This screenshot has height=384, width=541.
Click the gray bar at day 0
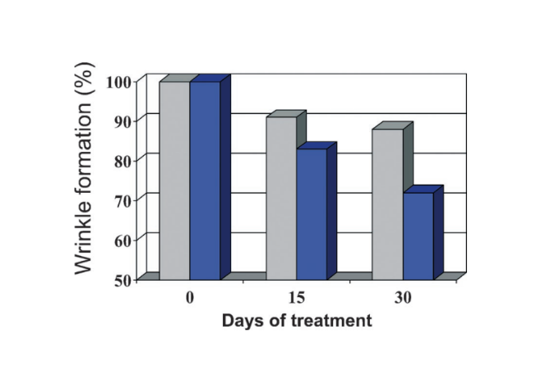[x=174, y=181]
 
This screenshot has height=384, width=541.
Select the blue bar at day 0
[x=205, y=181]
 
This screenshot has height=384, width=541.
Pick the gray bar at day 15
[x=281, y=199]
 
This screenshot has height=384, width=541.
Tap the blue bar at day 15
[x=312, y=214]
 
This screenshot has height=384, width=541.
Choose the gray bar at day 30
[x=388, y=204]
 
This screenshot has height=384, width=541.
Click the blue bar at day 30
[x=418, y=236]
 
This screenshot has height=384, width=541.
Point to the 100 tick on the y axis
[x=119, y=83]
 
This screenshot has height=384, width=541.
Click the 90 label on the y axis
[x=123, y=122]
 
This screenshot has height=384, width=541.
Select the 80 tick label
[x=123, y=161]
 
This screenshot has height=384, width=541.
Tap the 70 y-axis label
[x=123, y=201]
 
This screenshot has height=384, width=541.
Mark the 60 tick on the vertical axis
[x=123, y=240]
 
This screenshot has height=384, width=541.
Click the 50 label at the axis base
[x=123, y=281]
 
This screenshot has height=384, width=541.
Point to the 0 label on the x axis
[x=190, y=298]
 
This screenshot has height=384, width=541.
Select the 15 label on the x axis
[x=297, y=298]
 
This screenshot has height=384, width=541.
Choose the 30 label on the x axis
[x=403, y=298]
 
